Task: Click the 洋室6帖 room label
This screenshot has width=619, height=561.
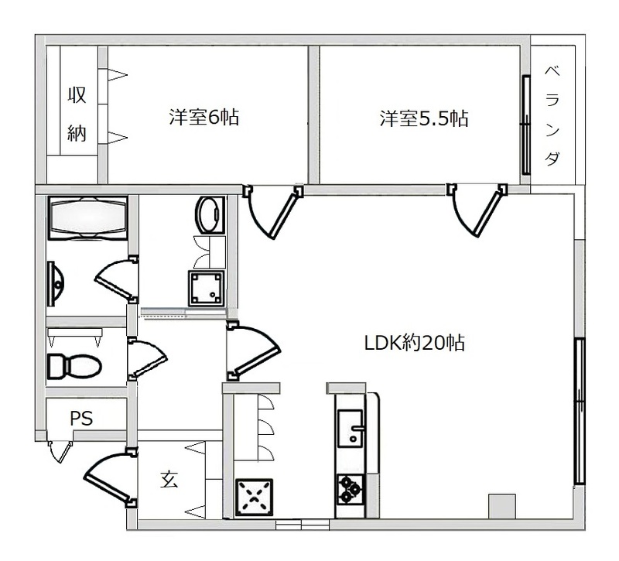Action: pos(204,117)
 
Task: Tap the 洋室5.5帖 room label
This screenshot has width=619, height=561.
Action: pos(424,118)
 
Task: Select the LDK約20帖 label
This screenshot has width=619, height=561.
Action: pos(414,343)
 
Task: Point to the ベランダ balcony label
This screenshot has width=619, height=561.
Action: pos(552,115)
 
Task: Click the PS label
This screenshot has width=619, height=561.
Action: pos(81,419)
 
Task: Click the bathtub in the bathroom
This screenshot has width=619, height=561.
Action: pos(87,218)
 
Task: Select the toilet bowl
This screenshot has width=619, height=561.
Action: pos(74,366)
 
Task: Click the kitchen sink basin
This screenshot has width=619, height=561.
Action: pos(351,429)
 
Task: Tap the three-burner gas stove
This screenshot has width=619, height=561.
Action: pos(351,489)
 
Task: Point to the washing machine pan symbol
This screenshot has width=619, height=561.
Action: pos(206,288)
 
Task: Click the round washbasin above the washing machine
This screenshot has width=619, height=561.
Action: pos(210,215)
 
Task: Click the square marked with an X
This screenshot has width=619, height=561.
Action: pos(255,497)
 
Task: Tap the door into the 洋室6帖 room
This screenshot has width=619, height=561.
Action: pos(274,212)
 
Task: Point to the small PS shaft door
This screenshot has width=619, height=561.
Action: pos(60,451)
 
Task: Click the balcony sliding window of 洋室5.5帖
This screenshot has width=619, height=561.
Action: pos(525,125)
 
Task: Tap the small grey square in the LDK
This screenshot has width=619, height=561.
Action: pos(502,506)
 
